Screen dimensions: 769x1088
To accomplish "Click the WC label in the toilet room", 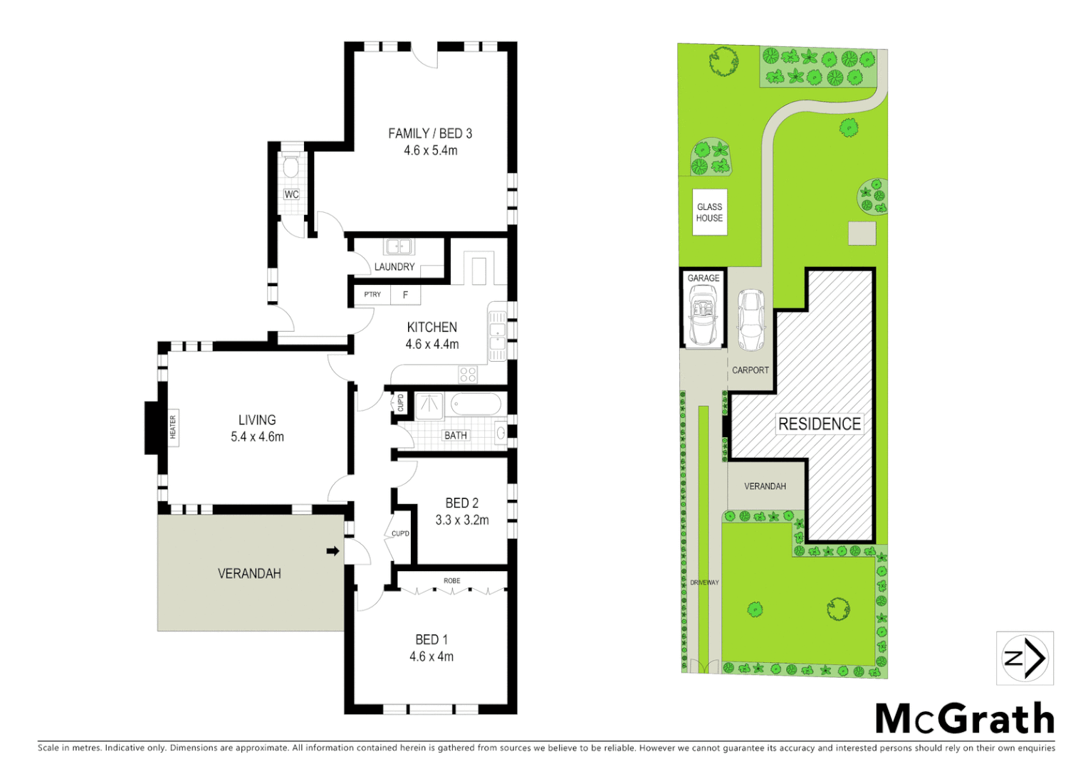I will click(291, 194).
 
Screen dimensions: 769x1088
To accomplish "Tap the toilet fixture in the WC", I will click(291, 167).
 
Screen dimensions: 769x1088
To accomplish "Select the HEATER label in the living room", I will click(172, 427).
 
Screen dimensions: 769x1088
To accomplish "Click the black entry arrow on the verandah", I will click(333, 550).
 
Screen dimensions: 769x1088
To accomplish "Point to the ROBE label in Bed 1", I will click(451, 581).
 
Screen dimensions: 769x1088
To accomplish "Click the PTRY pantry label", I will click(372, 294).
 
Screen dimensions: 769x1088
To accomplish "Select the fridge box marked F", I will click(405, 295).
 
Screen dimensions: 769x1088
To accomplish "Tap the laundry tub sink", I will click(399, 247).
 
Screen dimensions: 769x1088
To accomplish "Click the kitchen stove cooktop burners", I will click(468, 374).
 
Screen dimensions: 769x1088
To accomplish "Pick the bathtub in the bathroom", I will click(477, 405).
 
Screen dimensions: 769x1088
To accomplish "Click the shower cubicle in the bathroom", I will click(429, 405).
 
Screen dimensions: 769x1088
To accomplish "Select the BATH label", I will click(456, 435).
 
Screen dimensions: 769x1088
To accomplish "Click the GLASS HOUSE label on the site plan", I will click(709, 212).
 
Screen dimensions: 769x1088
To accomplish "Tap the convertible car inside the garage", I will click(703, 315).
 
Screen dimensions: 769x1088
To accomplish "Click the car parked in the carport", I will click(750, 320).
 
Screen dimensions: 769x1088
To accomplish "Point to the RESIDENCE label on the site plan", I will click(820, 424).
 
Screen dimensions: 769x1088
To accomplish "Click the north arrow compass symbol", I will click(1025, 658).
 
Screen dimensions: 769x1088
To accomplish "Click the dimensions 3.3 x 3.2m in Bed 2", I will click(462, 520).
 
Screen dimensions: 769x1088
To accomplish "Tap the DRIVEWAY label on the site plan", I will click(704, 582).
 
